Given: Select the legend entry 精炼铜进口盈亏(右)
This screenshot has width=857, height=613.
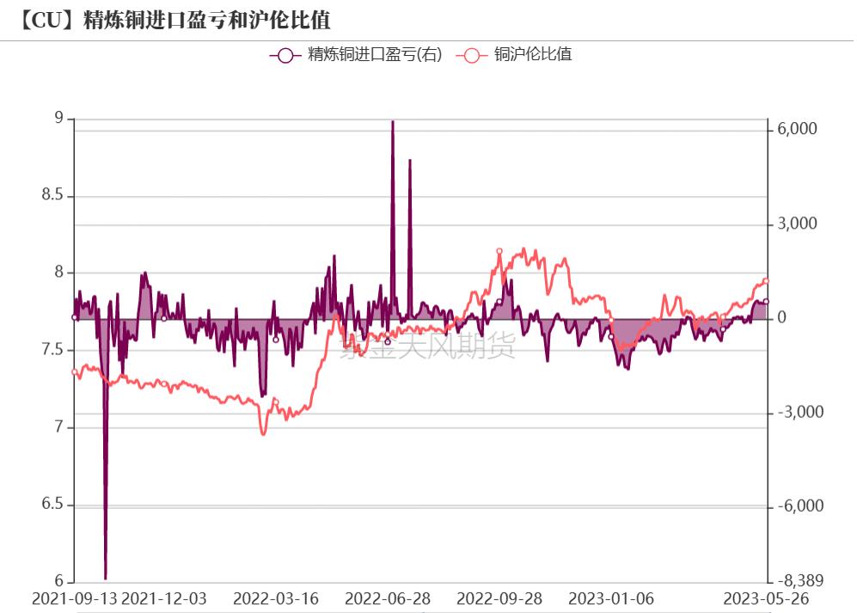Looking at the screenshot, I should (356, 55).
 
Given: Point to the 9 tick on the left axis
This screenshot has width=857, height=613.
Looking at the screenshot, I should (58, 119).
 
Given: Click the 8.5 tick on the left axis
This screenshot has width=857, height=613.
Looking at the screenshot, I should (52, 196).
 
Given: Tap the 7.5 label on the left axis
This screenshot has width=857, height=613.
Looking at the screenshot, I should (52, 350).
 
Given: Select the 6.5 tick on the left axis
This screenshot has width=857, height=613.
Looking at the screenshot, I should (52, 504).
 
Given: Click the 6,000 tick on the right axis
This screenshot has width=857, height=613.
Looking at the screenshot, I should (797, 129).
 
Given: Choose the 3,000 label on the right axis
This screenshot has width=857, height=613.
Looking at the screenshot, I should (797, 224).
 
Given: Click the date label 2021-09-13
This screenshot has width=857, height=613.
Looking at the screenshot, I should (73, 598).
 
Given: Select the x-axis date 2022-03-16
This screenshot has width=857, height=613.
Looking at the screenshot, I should (276, 598).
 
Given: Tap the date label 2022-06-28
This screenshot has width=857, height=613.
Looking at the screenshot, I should (388, 598).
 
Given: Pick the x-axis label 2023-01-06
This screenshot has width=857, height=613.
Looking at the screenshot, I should (611, 598).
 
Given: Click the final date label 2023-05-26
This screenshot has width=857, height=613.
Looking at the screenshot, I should (767, 598).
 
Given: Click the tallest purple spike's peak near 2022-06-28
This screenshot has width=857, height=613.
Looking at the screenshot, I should (393, 122).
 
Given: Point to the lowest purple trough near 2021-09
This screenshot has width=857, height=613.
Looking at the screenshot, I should (106, 579).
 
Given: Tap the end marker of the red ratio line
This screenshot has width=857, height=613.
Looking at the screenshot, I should (766, 281).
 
